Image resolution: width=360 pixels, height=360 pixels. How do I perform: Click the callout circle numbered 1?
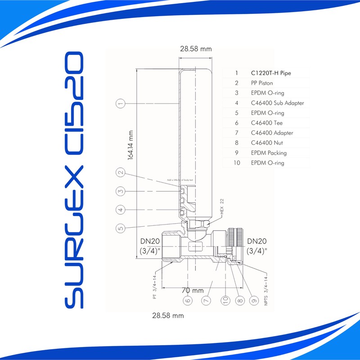[120, 104]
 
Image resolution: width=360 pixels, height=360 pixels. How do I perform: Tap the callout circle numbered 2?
[120, 172]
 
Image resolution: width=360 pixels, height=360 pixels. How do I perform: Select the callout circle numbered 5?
[120, 228]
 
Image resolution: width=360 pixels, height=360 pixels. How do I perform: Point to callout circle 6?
[188, 300]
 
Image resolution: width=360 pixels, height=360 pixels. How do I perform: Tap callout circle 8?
[239, 300]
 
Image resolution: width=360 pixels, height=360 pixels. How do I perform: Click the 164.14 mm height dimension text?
[131, 145]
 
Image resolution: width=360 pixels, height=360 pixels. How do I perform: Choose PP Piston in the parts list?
[262, 83]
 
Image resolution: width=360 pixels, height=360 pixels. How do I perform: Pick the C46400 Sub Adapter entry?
[277, 103]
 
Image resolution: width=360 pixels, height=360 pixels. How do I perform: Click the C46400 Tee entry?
[267, 123]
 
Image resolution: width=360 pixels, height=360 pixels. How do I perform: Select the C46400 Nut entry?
[267, 143]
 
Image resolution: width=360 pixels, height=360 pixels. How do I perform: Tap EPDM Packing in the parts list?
[269, 153]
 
